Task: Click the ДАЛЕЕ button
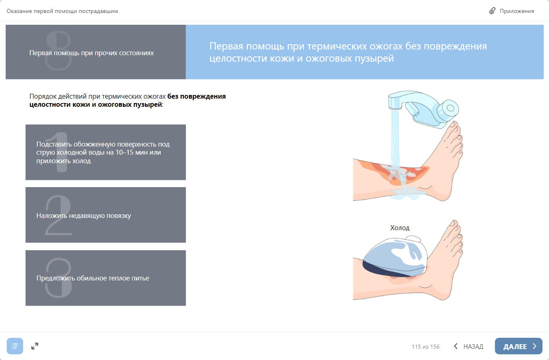518,346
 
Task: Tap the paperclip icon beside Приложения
492,11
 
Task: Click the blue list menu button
15,346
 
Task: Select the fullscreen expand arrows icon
34,346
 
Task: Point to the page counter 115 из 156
426,347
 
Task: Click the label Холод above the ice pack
400,228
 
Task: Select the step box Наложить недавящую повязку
105,215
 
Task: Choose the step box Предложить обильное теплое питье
105,278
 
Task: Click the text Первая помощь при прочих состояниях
91,53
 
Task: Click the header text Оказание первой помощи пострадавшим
62,11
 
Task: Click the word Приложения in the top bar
517,11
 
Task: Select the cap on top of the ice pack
413,239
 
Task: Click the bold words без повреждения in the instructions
196,96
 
